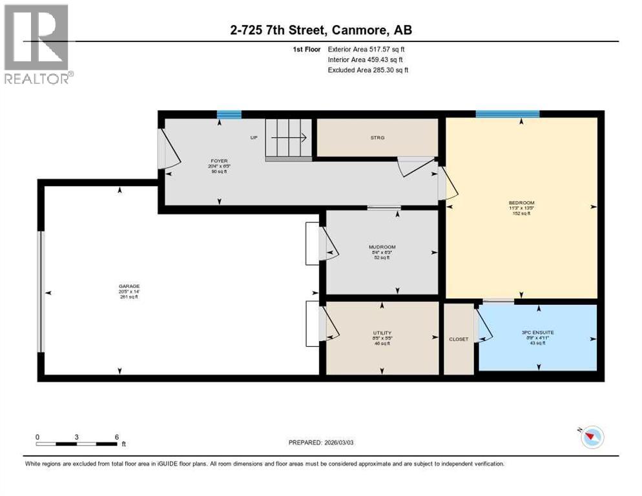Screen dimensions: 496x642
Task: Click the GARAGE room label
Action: pyautogui.click(x=129, y=286)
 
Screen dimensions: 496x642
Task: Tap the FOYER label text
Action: pyautogui.click(x=219, y=161)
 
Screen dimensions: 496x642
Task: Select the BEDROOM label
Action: pyautogui.click(x=521, y=203)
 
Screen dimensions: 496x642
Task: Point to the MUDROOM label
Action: pyautogui.click(x=382, y=247)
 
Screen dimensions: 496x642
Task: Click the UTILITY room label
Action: pyautogui.click(x=382, y=333)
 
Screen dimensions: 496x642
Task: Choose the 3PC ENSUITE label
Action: pyautogui.click(x=537, y=333)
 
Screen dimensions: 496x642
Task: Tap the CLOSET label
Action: pyautogui.click(x=459, y=339)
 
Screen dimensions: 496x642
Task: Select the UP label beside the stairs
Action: pyautogui.click(x=254, y=138)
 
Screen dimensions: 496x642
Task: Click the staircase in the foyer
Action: pyautogui.click(x=289, y=138)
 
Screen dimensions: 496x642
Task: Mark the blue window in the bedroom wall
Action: pyautogui.click(x=507, y=114)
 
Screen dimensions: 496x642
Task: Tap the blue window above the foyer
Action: pyautogui.click(x=229, y=115)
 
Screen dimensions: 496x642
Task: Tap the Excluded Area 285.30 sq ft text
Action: pyautogui.click(x=368, y=70)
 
